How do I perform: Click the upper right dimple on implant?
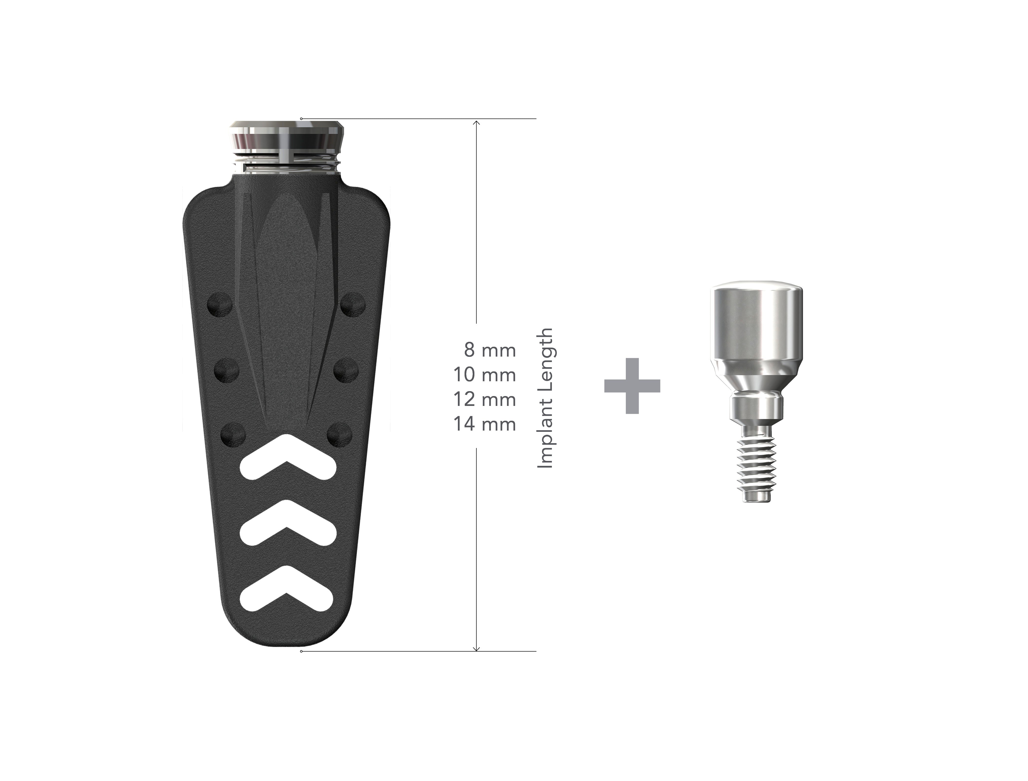(x=353, y=305)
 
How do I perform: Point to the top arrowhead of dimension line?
(x=476, y=123)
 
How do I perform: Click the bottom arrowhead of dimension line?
(x=476, y=647)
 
